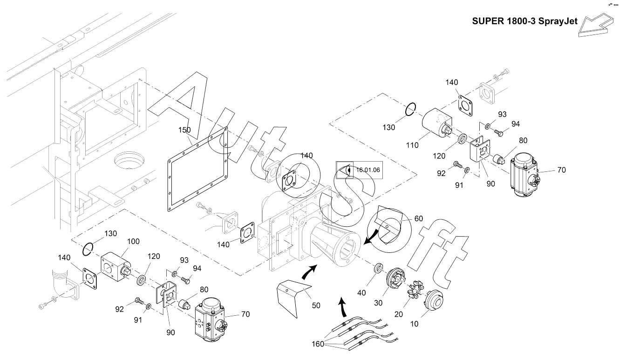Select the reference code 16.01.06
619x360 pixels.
[x=368, y=170]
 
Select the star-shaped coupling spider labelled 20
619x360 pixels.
[x=414, y=290]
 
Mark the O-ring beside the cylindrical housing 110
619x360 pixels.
[x=409, y=110]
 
